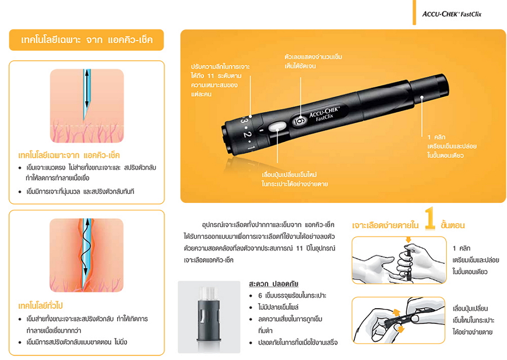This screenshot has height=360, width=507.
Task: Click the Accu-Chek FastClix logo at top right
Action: pyautogui.click(x=452, y=14)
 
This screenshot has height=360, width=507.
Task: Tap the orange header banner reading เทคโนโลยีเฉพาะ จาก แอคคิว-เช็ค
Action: pyautogui.click(x=86, y=40)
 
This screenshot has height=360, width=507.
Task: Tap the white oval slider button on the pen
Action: pyautogui.click(x=277, y=126)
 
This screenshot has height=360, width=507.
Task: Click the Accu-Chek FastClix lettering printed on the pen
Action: pyautogui.click(x=324, y=113)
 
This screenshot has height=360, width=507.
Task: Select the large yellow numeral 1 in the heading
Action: pyautogui.click(x=430, y=219)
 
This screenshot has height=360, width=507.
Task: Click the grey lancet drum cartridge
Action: pyautogui.click(x=209, y=317)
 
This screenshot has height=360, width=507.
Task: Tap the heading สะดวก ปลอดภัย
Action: pyautogui.click(x=274, y=284)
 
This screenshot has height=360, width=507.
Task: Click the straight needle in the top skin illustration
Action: pyautogui.click(x=86, y=94)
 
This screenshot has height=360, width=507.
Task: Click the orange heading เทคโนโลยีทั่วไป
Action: pyautogui.click(x=41, y=306)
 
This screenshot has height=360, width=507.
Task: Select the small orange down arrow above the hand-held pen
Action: pyautogui.click(x=408, y=239)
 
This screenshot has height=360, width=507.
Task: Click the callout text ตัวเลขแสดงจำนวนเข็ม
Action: pyautogui.click(x=313, y=57)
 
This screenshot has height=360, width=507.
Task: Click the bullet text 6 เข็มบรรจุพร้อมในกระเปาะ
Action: pyautogui.click(x=292, y=295)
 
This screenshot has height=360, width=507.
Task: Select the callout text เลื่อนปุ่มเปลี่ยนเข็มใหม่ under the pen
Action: pyautogui.click(x=289, y=175)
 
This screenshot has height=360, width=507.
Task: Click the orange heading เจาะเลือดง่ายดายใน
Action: pyautogui.click(x=385, y=225)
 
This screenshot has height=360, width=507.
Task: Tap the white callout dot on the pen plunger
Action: pyautogui.click(x=421, y=97)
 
